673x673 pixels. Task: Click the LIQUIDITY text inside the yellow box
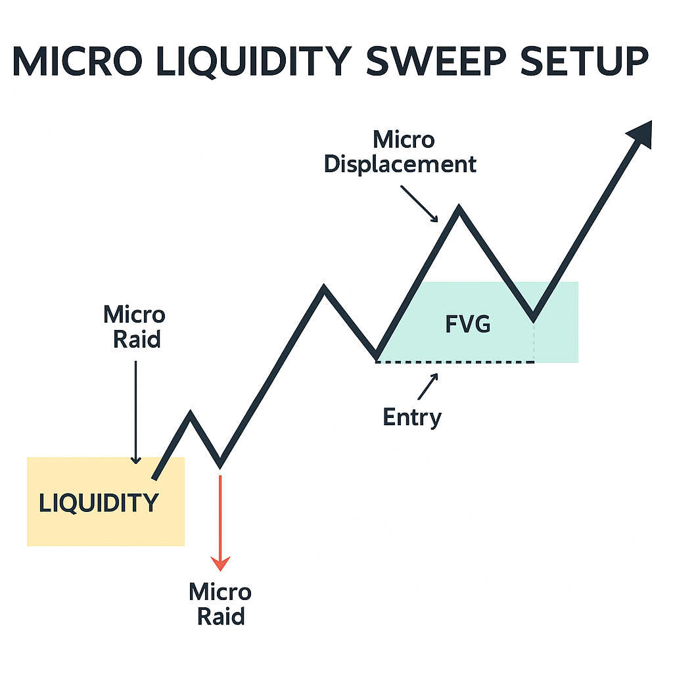99,503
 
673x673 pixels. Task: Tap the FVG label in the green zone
468,324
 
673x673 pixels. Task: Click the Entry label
412,417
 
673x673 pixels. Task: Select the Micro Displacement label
400,152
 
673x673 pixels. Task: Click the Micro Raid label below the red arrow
220,604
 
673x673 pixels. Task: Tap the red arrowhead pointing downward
220,563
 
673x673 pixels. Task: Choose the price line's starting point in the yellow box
154,477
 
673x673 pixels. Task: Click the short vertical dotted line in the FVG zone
534,342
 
